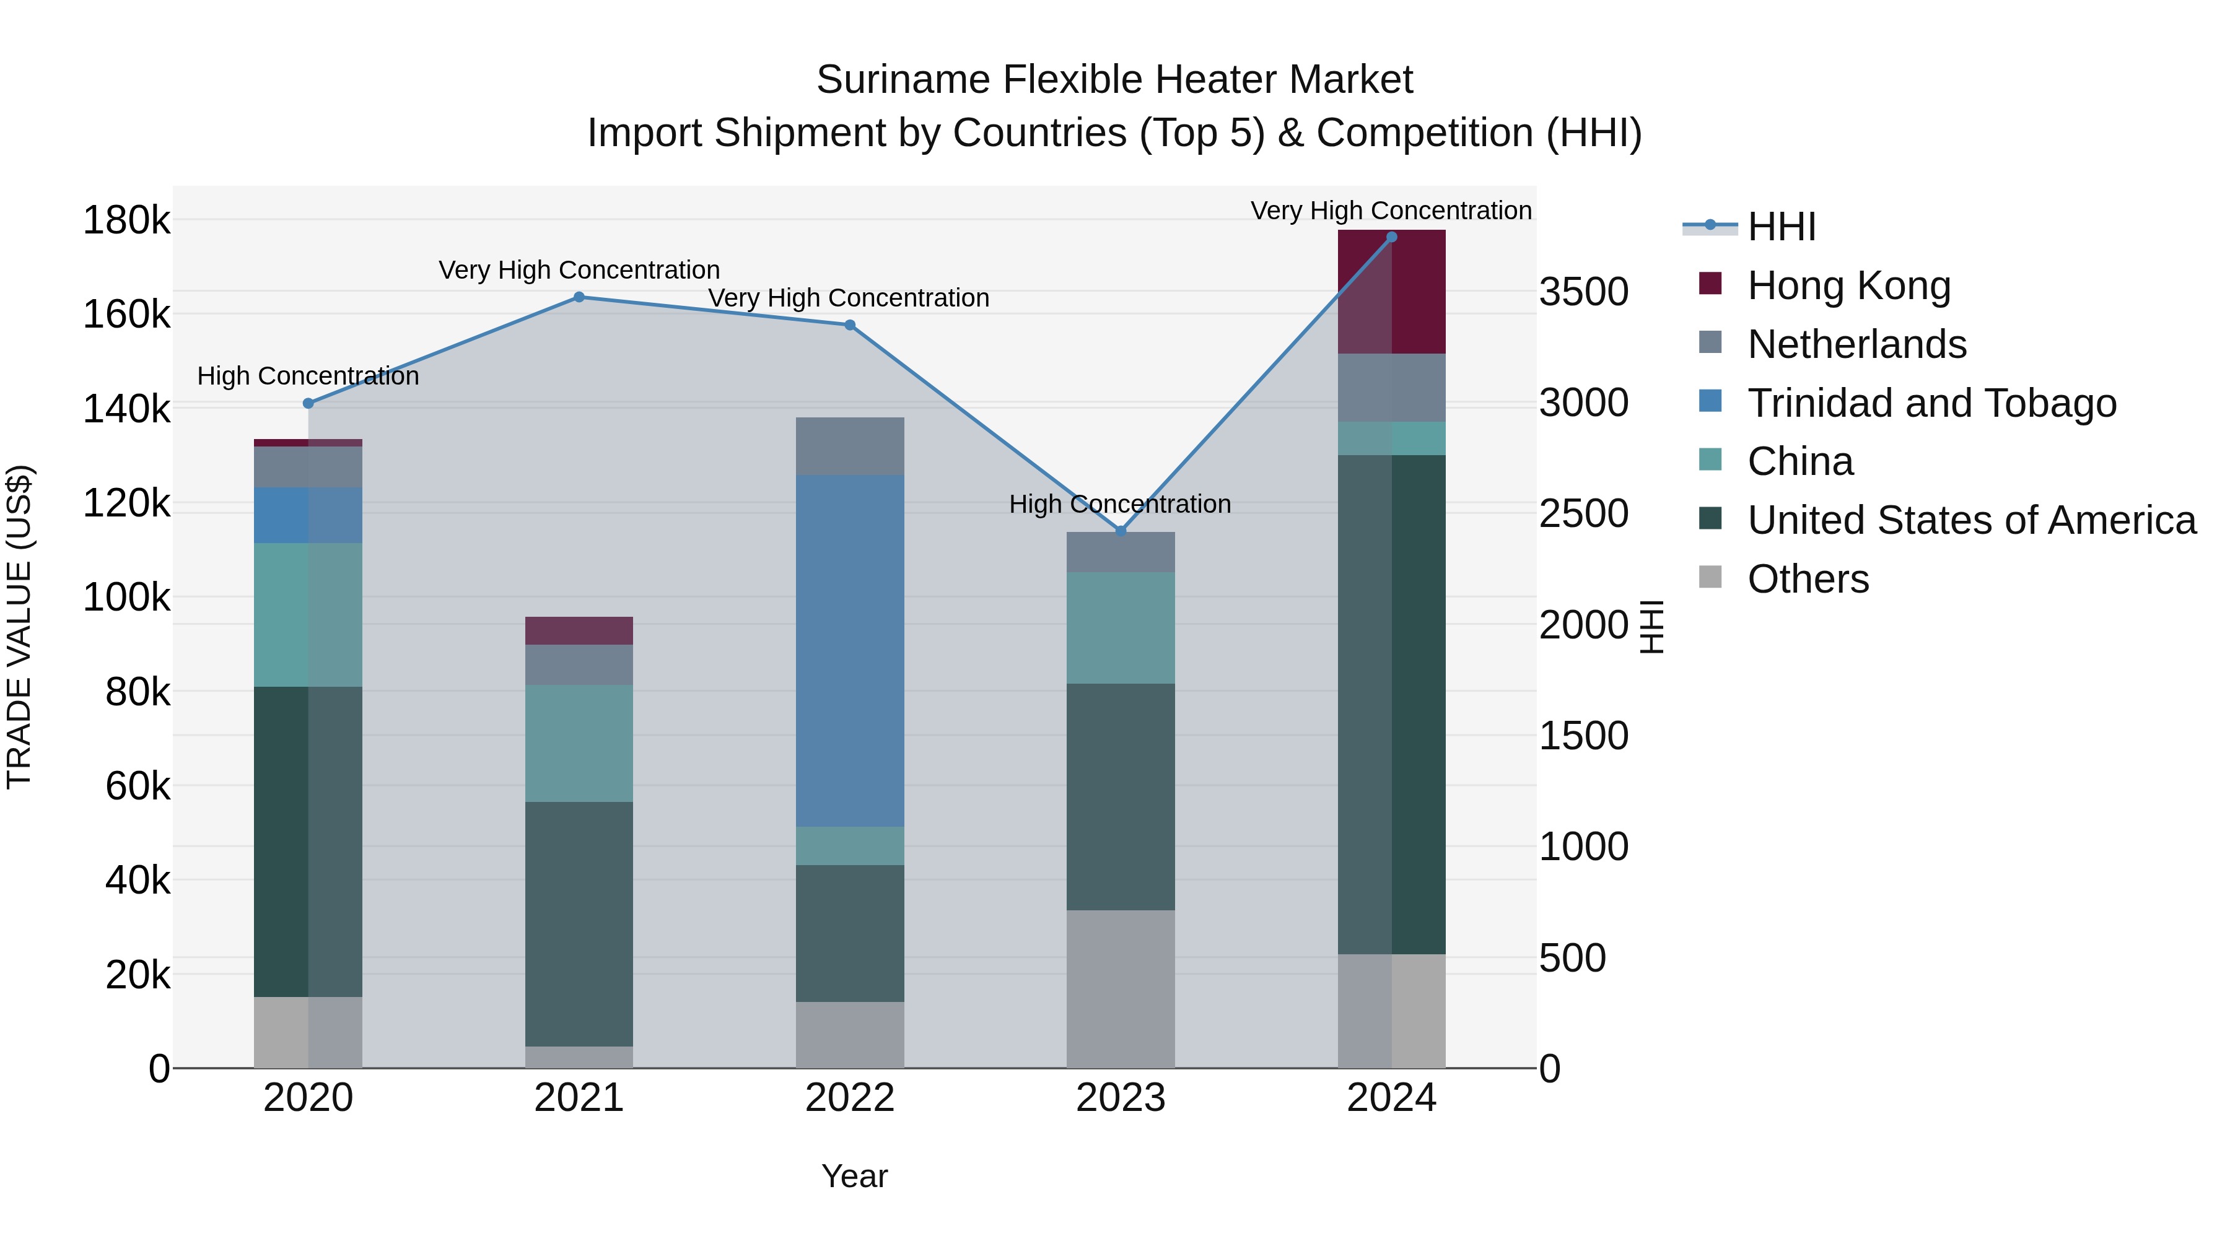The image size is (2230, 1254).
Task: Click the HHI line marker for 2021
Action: click(x=579, y=297)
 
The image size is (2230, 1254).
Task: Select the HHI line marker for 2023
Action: click(x=1120, y=531)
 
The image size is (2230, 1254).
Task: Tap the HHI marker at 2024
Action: click(x=1391, y=237)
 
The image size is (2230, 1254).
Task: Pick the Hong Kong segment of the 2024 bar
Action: click(x=1391, y=292)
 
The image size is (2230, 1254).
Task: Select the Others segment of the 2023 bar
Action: click(x=1120, y=988)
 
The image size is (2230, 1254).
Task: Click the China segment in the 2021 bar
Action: click(x=579, y=742)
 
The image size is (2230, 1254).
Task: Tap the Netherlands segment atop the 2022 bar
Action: click(x=849, y=446)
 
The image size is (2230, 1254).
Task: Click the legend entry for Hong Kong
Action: click(x=1848, y=285)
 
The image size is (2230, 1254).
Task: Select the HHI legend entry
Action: click(x=1781, y=227)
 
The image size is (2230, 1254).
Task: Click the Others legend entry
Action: click(x=1808, y=579)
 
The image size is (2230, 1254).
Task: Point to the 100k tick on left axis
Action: click(x=126, y=597)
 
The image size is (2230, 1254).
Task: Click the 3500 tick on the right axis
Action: click(x=1583, y=292)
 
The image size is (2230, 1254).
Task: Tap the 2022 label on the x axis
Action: click(x=849, y=1098)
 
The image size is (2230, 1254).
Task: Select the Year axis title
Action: click(x=854, y=1176)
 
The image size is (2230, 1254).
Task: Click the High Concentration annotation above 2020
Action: click(x=308, y=377)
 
